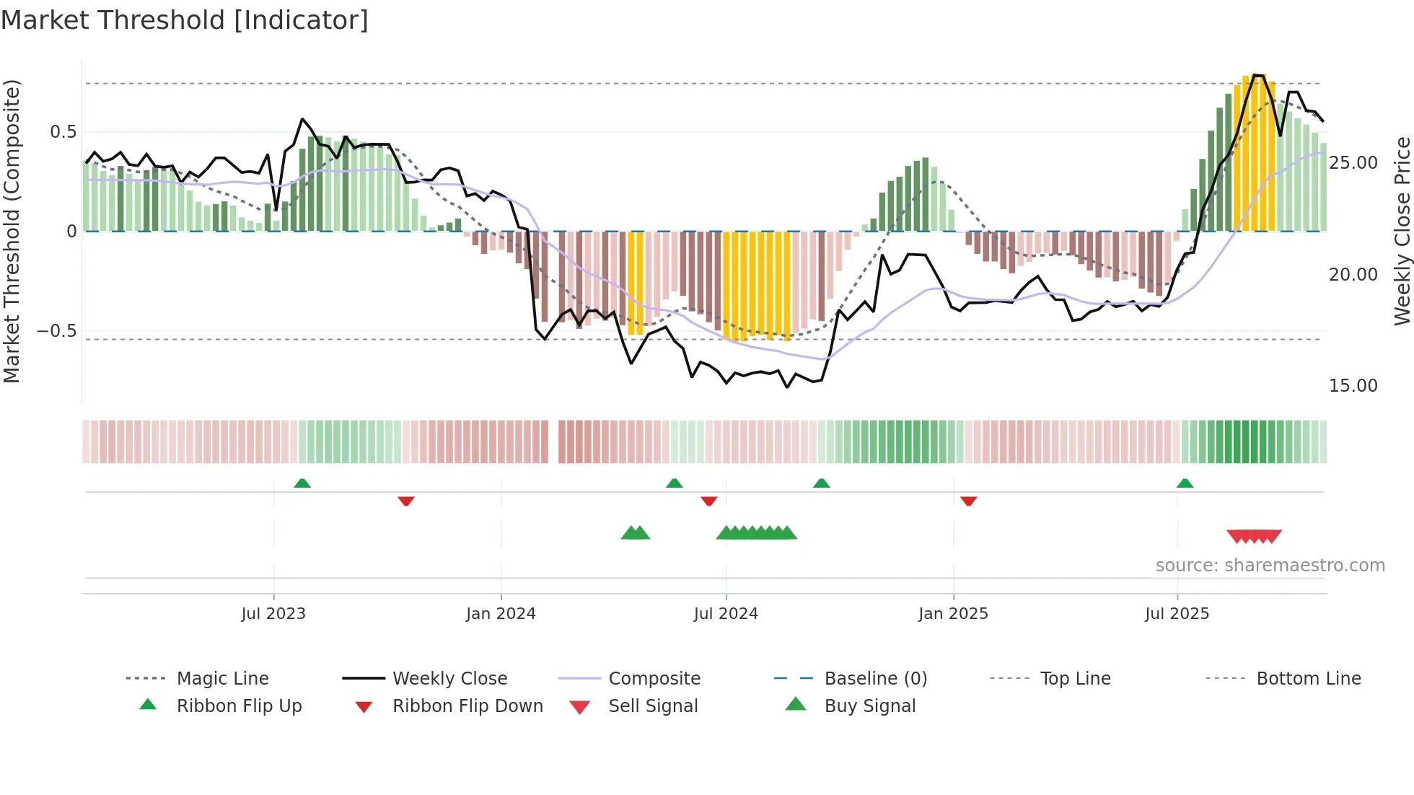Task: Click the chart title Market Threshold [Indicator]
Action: coord(185,20)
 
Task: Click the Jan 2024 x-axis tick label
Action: coord(501,614)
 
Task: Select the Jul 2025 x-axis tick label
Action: coord(1177,614)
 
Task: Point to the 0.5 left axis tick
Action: coord(63,132)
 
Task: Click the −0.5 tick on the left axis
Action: coord(56,331)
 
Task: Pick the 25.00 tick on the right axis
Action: coord(1353,163)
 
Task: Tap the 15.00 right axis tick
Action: coord(1353,386)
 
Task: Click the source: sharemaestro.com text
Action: coord(1270,566)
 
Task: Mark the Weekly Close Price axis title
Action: coord(1401,231)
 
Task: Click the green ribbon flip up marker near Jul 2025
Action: coord(1185,483)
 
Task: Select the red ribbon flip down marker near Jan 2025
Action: coord(968,501)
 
